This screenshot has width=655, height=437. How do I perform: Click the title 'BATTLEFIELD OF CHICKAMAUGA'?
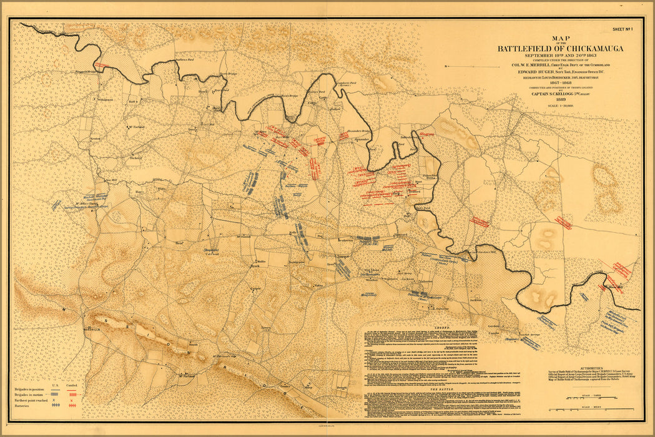pyautogui.click(x=560, y=49)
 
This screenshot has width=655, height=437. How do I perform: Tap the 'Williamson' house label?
pyautogui.click(x=104, y=99)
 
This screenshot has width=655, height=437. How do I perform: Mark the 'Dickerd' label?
pyautogui.click(x=135, y=158)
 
